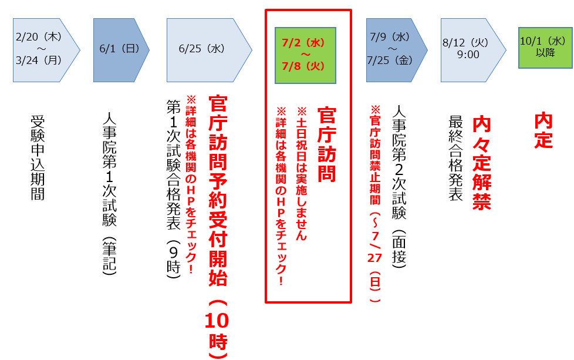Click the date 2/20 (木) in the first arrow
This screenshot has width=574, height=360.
pos(39,36)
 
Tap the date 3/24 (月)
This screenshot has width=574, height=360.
pos(39,60)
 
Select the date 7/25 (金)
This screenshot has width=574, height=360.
pos(391,60)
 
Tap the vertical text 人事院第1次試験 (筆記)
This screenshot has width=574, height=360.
pos(109,194)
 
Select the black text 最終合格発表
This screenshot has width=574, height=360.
pos(455,158)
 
